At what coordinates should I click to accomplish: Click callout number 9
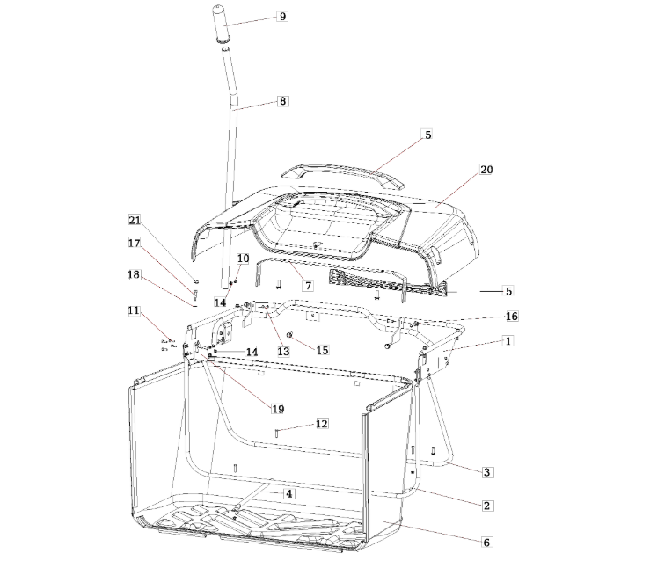[x=282, y=17]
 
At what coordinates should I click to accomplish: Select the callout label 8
[x=282, y=101]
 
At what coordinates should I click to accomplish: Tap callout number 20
[x=486, y=170]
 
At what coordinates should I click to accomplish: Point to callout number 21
[x=135, y=220]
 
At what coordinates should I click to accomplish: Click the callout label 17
[x=134, y=243]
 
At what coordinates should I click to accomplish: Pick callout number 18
[x=134, y=274]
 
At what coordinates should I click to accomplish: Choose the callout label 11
[x=134, y=310]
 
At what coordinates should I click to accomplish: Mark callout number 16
[x=512, y=317]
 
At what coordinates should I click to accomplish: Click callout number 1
[x=508, y=341]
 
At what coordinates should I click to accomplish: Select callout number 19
[x=278, y=409]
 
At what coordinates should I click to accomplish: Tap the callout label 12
[x=322, y=424]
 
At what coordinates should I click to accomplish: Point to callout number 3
[x=486, y=472]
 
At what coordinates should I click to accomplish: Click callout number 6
[x=486, y=543]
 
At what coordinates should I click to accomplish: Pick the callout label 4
[x=289, y=493]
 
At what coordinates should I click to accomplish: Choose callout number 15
[x=322, y=350]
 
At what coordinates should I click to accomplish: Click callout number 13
[x=283, y=352]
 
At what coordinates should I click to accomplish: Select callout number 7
[x=308, y=286]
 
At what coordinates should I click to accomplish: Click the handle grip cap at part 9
[x=222, y=23]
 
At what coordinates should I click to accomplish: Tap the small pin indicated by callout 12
[x=276, y=433]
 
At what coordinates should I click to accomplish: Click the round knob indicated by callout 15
[x=290, y=334]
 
